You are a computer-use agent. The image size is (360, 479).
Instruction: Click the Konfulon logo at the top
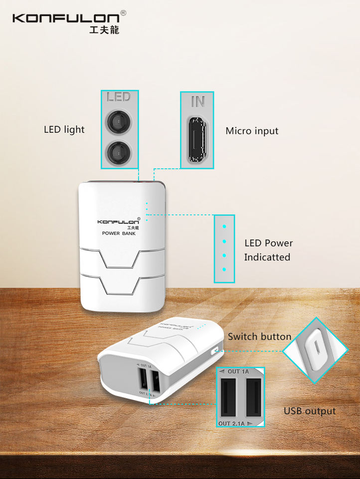click(x=66, y=18)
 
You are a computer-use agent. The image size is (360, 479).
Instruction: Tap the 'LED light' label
click(x=64, y=130)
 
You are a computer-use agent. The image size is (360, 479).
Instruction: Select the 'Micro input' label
click(x=252, y=131)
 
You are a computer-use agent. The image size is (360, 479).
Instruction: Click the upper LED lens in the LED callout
click(x=119, y=121)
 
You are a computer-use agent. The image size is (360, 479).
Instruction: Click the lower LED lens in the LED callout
click(x=119, y=151)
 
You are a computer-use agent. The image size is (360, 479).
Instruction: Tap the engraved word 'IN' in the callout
click(x=197, y=102)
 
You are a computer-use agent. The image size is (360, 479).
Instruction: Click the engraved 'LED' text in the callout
click(x=119, y=96)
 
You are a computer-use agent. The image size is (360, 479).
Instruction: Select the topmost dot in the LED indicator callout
click(x=224, y=227)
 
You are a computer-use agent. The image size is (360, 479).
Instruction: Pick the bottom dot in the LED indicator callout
click(x=224, y=269)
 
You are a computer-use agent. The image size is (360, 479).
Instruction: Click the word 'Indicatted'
click(x=267, y=257)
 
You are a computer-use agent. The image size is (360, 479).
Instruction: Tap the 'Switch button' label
click(x=259, y=337)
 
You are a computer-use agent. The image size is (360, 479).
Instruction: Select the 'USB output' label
click(x=310, y=411)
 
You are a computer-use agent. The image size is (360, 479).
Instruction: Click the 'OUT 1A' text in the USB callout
click(x=237, y=372)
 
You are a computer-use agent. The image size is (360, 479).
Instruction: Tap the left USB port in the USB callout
click(x=229, y=397)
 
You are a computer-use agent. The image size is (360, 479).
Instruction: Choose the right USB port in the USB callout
click(x=253, y=397)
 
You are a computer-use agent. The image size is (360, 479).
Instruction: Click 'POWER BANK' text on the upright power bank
click(x=119, y=233)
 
